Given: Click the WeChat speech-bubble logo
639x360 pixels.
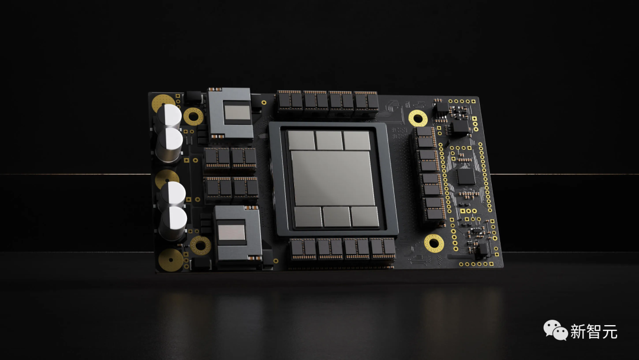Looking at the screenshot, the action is click(x=556, y=330).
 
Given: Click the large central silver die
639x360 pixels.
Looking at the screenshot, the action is click(x=332, y=178).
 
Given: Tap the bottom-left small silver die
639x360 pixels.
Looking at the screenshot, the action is click(x=308, y=217).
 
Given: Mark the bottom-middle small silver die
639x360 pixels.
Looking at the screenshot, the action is click(x=337, y=217).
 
